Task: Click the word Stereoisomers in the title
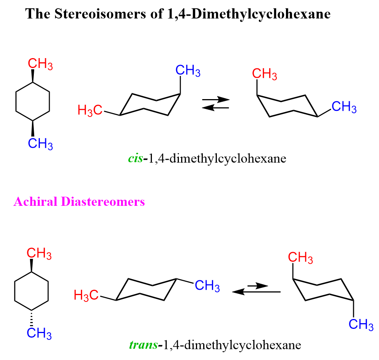100,14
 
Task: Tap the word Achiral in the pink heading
35,201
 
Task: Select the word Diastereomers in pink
103,201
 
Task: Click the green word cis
135,159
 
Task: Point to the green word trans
143,345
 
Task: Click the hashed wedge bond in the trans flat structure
32,319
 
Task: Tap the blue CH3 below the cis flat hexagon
40,144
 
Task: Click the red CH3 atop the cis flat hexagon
40,64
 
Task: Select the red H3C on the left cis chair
90,111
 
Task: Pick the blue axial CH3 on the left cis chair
188,71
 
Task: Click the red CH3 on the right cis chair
264,74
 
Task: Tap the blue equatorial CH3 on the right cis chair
344,107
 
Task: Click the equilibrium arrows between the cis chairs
216,103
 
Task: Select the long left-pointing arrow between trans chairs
256,292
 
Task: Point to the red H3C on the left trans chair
86,295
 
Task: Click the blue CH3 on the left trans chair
207,286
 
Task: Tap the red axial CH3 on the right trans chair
300,257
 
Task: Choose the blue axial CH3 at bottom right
361,324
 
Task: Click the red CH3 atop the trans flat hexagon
39,253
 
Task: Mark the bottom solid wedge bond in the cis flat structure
33,128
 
